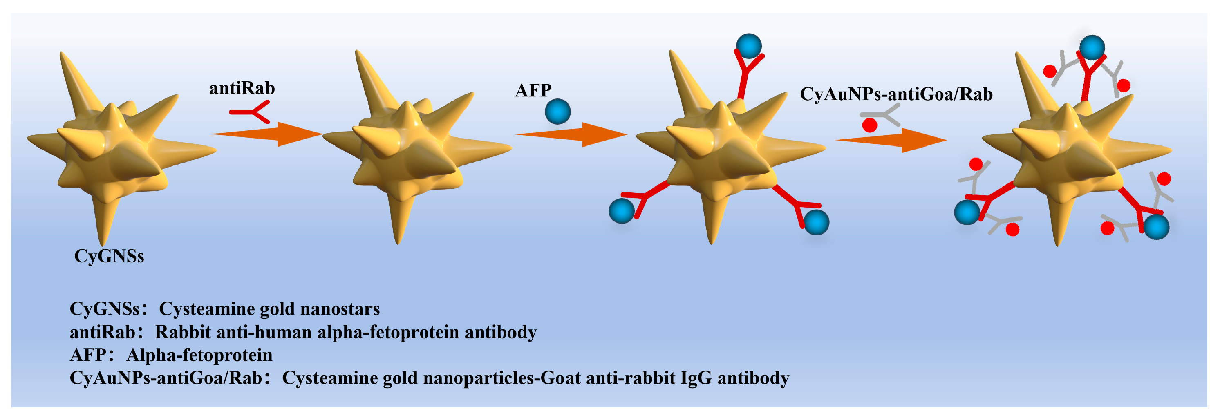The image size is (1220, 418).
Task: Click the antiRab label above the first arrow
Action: coord(242,89)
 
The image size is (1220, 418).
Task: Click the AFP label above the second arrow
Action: coord(533,90)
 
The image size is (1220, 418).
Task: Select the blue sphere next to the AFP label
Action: coord(557,112)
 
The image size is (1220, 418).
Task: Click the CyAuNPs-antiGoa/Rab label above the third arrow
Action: coord(896,94)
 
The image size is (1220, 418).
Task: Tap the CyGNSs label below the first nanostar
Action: coord(109,256)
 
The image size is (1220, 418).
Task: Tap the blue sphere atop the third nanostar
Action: coord(748,47)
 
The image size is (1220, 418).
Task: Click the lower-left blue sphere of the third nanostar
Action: coord(621,211)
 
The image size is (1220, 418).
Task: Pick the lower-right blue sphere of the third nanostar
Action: coord(817,222)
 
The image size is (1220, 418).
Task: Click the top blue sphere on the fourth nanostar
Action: coord(1092,48)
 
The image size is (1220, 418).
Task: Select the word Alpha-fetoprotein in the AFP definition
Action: coord(199,355)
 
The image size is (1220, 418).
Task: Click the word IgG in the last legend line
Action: coord(696,378)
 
